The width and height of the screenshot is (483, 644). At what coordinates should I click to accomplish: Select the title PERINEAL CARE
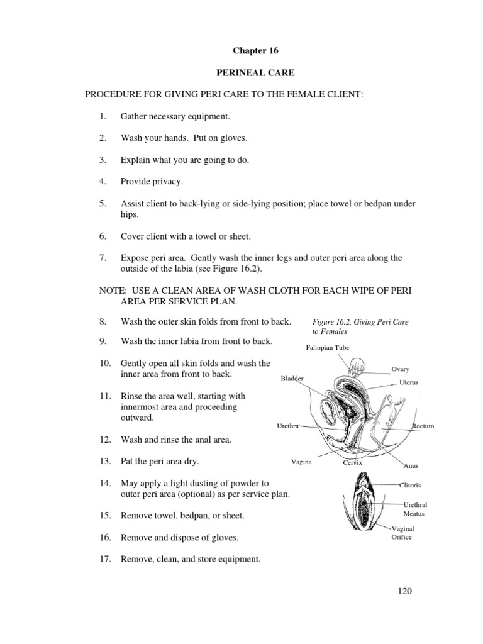click(241, 73)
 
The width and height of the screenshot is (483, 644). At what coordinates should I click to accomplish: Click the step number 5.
click(103, 204)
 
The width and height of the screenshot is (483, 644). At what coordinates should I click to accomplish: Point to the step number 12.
click(104, 440)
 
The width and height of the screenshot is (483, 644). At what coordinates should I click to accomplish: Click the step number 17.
click(104, 558)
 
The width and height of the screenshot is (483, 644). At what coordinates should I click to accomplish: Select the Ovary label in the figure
click(400, 369)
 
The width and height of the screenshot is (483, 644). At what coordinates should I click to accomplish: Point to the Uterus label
click(408, 382)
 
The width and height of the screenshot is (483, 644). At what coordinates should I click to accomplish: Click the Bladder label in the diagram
click(292, 379)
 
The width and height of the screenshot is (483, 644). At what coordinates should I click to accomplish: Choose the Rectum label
click(423, 426)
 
